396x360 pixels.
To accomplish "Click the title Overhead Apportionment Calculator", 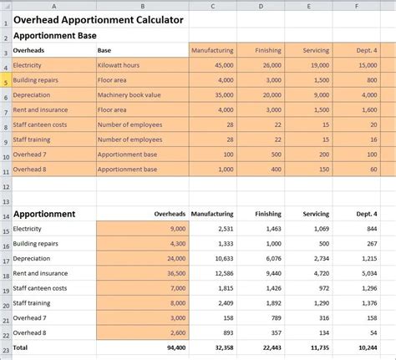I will tap(99, 20).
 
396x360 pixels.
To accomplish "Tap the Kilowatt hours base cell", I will tap(118, 64).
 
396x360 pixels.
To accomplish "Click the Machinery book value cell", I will tap(129, 94).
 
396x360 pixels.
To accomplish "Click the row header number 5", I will tap(5, 79).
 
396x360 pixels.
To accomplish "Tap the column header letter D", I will tap(261, 6).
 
